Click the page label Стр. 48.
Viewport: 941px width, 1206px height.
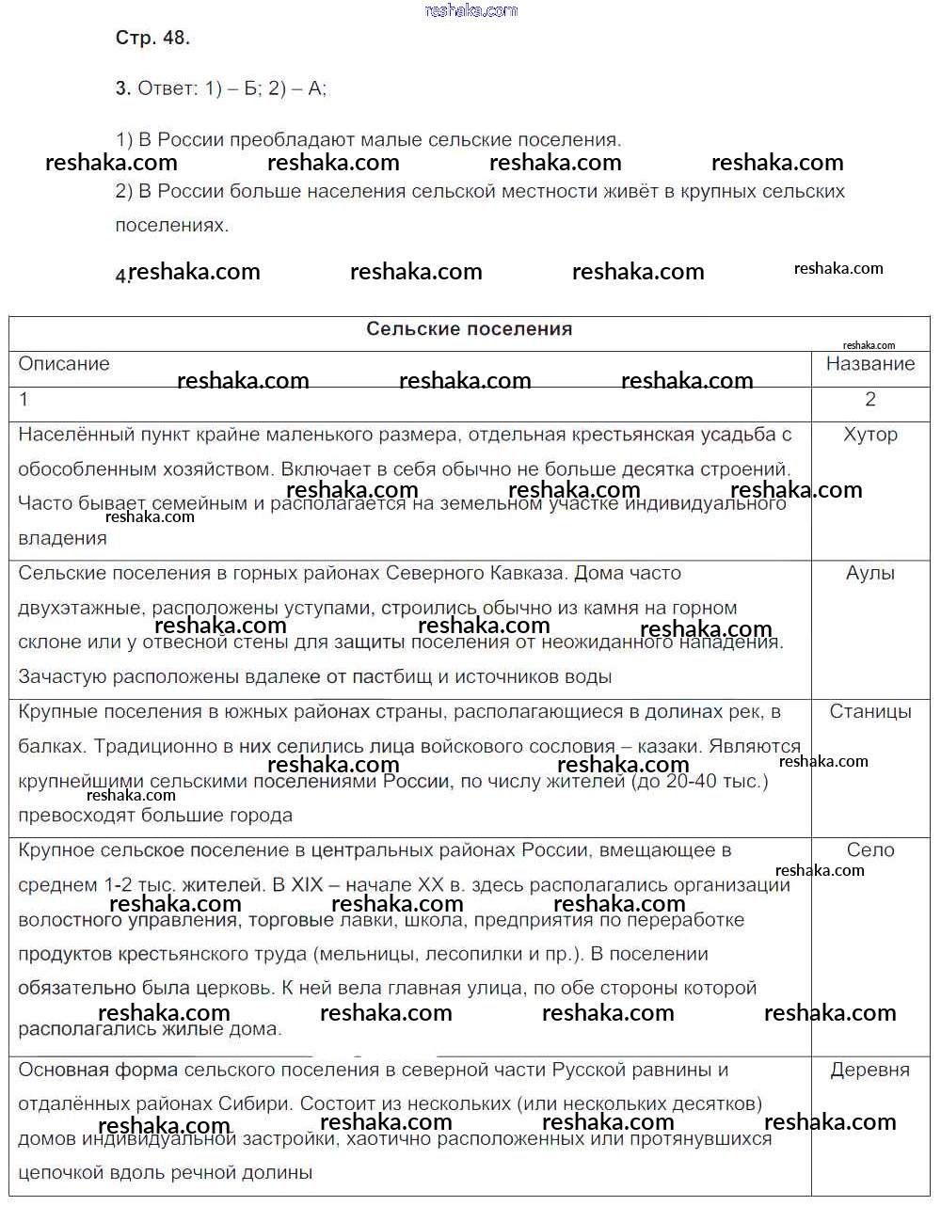point(152,39)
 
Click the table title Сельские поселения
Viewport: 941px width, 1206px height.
point(469,329)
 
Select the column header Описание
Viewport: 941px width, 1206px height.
point(64,364)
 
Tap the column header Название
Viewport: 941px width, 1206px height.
point(869,364)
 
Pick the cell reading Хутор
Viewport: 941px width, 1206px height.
point(870,435)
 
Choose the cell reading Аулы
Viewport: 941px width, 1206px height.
point(870,573)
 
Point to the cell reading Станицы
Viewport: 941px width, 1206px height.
point(870,712)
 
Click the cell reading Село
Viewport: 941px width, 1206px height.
point(870,850)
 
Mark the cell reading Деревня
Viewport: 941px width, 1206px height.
point(870,1071)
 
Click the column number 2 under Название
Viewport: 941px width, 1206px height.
point(870,400)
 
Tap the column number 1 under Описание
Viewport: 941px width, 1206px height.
point(24,400)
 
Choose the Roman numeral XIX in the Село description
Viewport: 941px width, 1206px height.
point(307,885)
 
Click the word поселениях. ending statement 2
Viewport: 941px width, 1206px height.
point(172,226)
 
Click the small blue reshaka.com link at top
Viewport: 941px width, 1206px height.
point(470,10)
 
